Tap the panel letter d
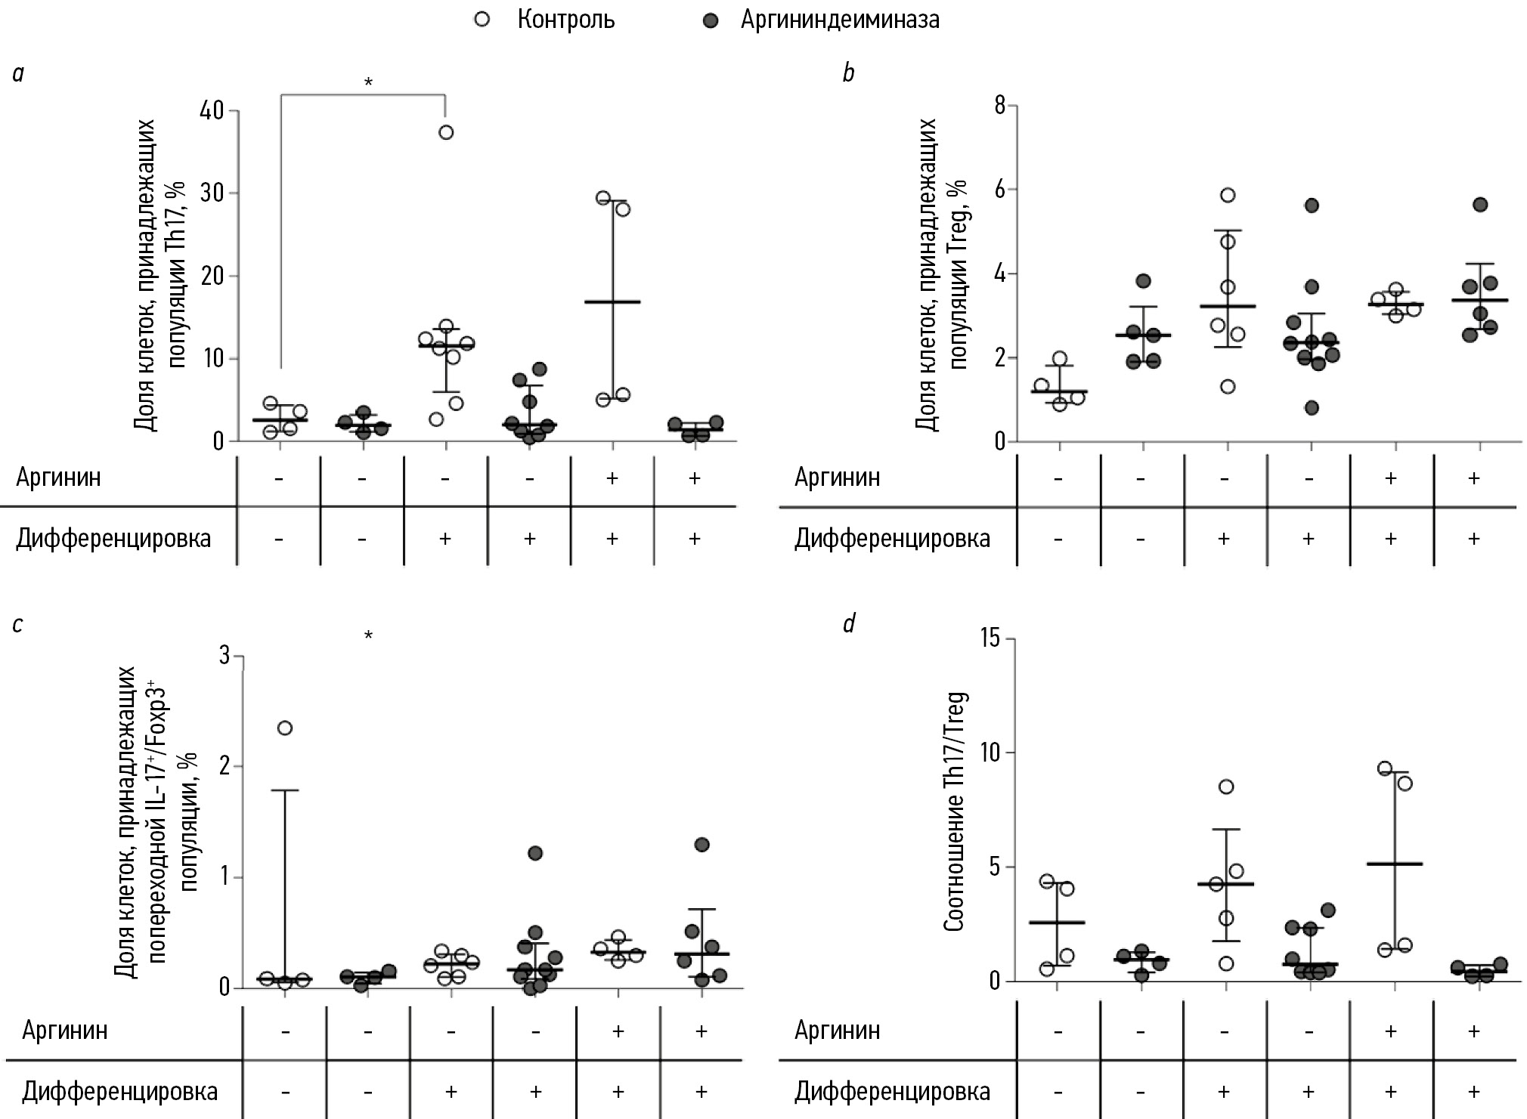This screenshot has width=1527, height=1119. tap(849, 623)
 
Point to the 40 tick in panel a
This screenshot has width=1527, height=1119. tap(212, 111)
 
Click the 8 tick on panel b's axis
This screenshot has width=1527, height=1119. tap(1000, 105)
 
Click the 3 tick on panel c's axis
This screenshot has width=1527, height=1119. tap(225, 656)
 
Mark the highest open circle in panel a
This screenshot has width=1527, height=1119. tap(446, 133)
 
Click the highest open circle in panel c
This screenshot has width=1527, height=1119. tap(285, 728)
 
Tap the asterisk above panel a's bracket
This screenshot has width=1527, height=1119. tap(368, 82)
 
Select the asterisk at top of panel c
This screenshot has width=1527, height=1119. tap(368, 636)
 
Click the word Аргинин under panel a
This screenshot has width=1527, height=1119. tap(59, 478)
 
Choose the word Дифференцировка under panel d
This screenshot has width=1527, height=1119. tap(892, 1091)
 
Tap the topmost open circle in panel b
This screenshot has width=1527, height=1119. tap(1228, 195)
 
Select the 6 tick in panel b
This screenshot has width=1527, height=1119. tap(1000, 189)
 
